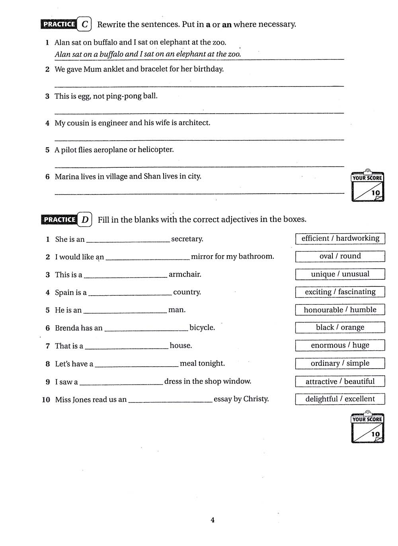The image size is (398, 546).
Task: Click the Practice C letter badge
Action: [x=84, y=24]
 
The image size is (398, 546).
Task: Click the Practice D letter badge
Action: [x=85, y=220]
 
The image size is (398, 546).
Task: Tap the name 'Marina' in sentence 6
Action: [x=66, y=177]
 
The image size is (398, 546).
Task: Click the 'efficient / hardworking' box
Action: [x=340, y=238]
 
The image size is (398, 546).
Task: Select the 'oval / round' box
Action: [x=340, y=256]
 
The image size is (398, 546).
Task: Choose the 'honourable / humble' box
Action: [x=340, y=310]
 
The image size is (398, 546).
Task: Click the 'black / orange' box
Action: [x=340, y=328]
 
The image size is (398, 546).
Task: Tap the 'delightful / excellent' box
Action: [x=340, y=399]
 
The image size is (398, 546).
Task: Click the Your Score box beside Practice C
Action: [x=367, y=187]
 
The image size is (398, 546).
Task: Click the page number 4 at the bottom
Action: [x=213, y=520]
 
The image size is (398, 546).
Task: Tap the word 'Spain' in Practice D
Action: [x=64, y=293]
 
